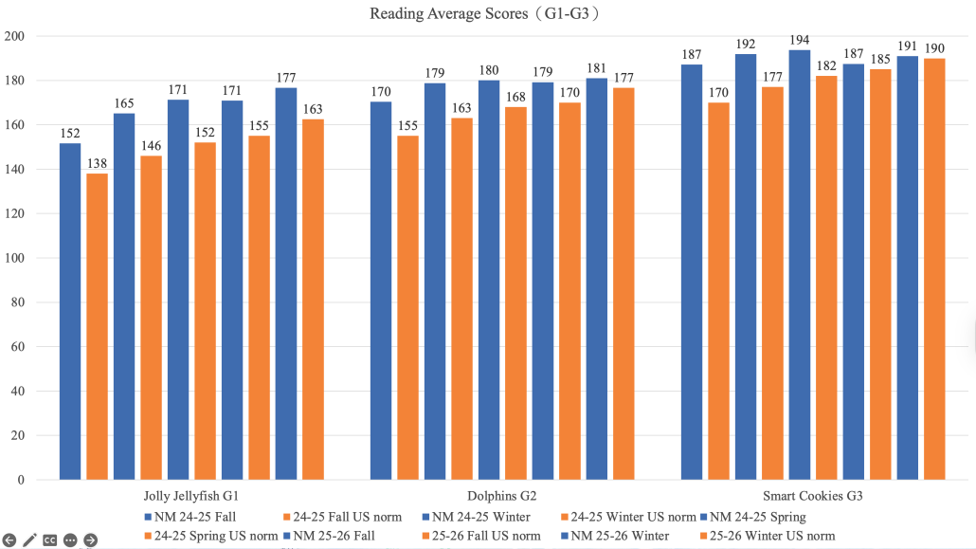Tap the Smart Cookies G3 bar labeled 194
[800, 265]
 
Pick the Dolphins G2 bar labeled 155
[407, 307]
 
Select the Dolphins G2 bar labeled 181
[597, 279]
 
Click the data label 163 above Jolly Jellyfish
[313, 109]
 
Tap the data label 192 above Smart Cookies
[746, 44]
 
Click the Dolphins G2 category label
[502, 496]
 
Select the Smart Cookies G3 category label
[814, 496]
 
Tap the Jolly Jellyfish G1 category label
[191, 496]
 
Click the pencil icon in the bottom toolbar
[29, 540]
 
